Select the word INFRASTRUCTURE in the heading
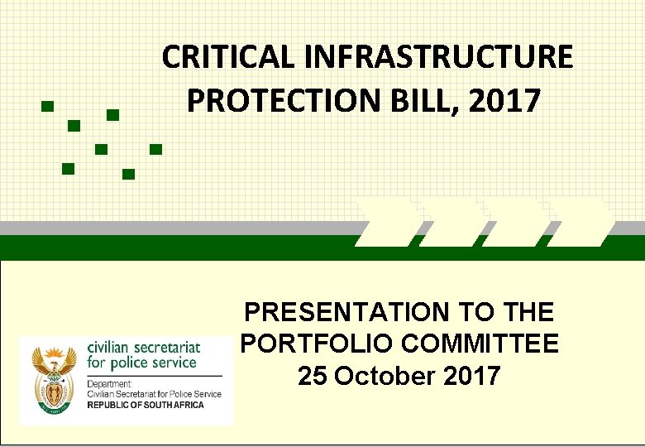438,57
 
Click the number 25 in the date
312,375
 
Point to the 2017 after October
471,375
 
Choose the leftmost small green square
47,107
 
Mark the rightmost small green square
155,150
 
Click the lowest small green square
128,174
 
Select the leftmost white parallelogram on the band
386,223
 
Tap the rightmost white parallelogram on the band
580,223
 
